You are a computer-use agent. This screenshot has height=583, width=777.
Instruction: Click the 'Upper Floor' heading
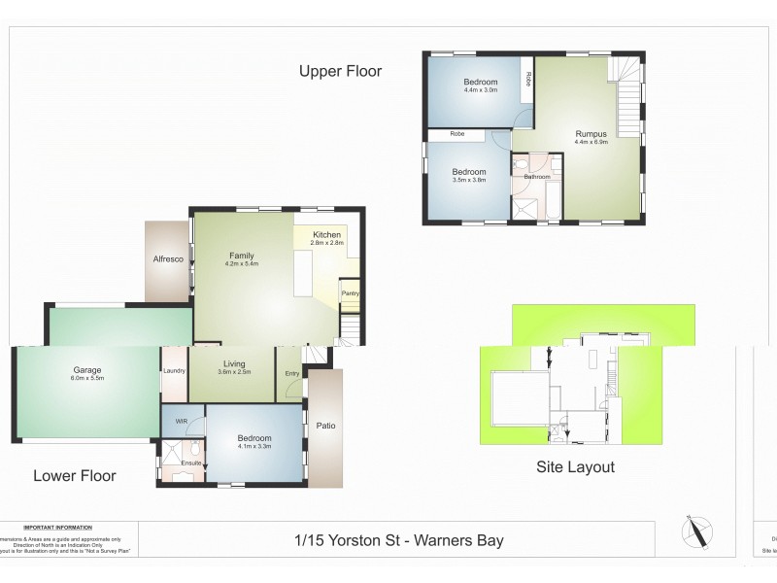pyautogui.click(x=340, y=71)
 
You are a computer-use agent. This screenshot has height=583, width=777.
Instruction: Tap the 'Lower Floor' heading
pyautogui.click(x=75, y=475)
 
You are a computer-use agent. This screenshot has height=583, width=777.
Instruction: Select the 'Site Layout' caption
pyautogui.click(x=576, y=466)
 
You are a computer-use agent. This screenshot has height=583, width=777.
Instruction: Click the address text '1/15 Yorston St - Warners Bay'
pyautogui.click(x=399, y=540)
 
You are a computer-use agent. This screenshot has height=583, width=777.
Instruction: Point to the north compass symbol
pyautogui.click(x=698, y=532)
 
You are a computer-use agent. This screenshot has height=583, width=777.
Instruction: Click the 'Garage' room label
pyautogui.click(x=87, y=369)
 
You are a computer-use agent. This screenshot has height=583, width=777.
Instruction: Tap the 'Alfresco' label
pyautogui.click(x=168, y=259)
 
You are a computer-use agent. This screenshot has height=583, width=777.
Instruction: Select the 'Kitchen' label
pyautogui.click(x=325, y=235)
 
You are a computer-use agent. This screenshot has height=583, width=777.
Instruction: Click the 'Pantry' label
pyautogui.click(x=349, y=293)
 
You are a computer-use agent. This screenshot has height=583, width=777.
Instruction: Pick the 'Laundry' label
pyautogui.click(x=174, y=370)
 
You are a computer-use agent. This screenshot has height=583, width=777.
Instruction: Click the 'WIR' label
pyautogui.click(x=181, y=421)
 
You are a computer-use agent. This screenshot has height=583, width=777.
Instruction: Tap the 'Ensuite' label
pyautogui.click(x=191, y=463)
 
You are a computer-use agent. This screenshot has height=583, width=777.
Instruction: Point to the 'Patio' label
pyautogui.click(x=325, y=425)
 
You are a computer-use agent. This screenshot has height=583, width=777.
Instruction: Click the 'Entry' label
pyautogui.click(x=292, y=374)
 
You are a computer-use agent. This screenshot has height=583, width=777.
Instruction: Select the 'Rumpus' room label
pyautogui.click(x=591, y=134)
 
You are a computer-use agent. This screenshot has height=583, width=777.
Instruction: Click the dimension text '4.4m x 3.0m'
pyautogui.click(x=480, y=90)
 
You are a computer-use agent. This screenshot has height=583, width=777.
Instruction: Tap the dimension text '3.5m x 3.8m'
pyautogui.click(x=468, y=180)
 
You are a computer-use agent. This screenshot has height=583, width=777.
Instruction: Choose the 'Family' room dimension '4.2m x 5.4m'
pyautogui.click(x=242, y=263)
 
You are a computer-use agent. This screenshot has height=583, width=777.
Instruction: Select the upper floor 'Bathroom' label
pyautogui.click(x=537, y=177)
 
